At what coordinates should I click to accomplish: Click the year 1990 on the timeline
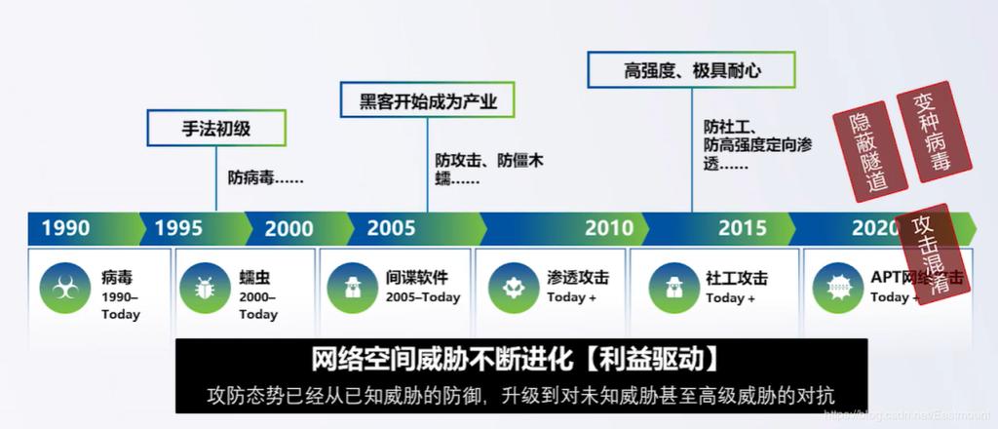65,228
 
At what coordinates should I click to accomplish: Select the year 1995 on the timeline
178,228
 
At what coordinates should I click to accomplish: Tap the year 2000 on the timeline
289,228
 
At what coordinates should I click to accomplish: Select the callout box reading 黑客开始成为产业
426,99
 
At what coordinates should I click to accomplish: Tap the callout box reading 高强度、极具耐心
692,70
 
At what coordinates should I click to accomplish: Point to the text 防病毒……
265,177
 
